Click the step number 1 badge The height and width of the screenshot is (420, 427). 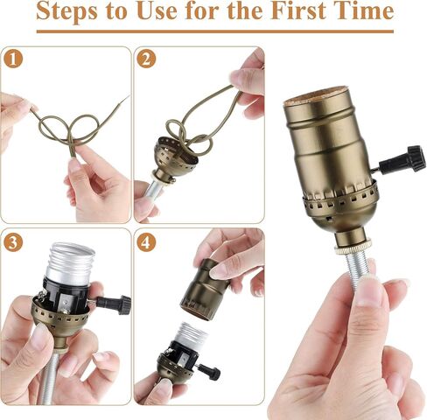click(x=12, y=59)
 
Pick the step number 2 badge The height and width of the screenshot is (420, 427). click(x=146, y=59)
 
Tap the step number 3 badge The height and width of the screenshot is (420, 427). click(x=12, y=242)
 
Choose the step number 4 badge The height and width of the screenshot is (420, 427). click(x=146, y=242)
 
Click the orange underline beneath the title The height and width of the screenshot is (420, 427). click(x=213, y=32)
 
